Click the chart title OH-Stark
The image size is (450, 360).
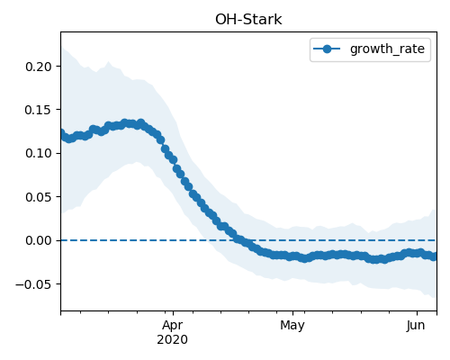pos(248,20)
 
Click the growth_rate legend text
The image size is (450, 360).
pos(387,49)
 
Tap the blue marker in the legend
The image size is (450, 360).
pos(327,49)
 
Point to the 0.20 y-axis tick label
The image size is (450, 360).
pos(39,67)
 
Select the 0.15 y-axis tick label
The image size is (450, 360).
pos(39,110)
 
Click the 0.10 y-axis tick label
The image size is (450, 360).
pos(39,153)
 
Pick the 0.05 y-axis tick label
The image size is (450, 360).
pos(39,197)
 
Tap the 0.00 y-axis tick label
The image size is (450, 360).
pos(39,240)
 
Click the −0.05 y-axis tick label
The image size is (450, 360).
pos(34,284)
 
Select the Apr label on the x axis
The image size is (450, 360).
pos(172,325)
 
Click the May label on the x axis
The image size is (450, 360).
pos(292,326)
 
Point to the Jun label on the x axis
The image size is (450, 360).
pos(416,325)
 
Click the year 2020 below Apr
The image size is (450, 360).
pos(172,339)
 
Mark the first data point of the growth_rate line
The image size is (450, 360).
pos(61,133)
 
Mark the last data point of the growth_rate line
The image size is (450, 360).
pos(434,256)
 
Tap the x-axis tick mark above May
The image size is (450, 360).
pos(293,313)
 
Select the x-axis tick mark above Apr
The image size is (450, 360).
pos(173,313)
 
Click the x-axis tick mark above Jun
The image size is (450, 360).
pos(417,313)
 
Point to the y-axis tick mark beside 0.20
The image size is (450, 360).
pos(58,66)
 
